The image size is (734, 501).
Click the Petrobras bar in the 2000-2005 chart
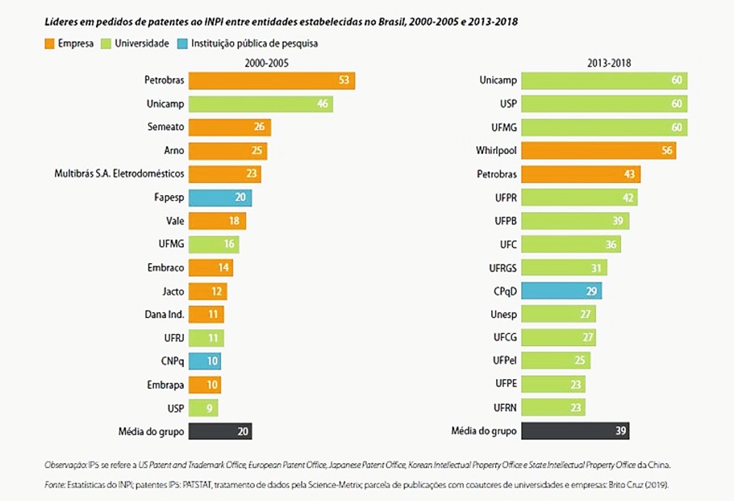tap(272, 81)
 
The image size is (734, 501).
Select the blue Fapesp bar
tap(220, 198)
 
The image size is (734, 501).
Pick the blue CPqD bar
tap(561, 291)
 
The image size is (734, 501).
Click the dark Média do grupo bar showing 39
tap(575, 431)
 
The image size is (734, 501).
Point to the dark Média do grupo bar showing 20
tap(220, 431)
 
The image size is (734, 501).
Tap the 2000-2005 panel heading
tap(265, 61)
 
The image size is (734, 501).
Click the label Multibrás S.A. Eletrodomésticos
tap(119, 174)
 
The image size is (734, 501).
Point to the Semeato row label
tap(165, 127)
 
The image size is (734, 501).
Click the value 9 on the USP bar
tap(209, 408)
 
